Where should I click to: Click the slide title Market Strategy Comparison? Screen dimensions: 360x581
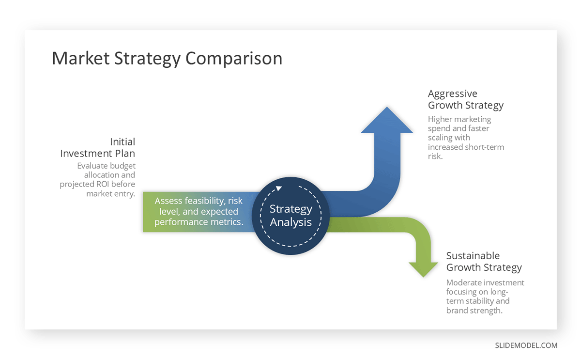(167, 59)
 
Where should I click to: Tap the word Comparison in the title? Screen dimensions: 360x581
(234, 59)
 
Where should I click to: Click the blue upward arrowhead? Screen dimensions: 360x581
(387, 121)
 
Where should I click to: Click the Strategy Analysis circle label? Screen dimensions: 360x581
(291, 216)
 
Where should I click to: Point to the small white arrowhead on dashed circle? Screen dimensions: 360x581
(278, 189)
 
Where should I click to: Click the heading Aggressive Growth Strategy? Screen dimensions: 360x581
(465, 99)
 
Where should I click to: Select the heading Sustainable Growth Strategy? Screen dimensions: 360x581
(484, 262)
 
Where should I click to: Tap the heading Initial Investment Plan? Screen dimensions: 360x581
(98, 147)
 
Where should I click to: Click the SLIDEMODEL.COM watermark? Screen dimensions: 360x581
(526, 345)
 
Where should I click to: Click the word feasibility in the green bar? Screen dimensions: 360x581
(205, 201)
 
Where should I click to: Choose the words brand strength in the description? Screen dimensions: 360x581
(474, 311)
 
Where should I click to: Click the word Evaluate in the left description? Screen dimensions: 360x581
(93, 166)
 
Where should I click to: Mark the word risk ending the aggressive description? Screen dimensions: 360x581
(435, 156)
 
